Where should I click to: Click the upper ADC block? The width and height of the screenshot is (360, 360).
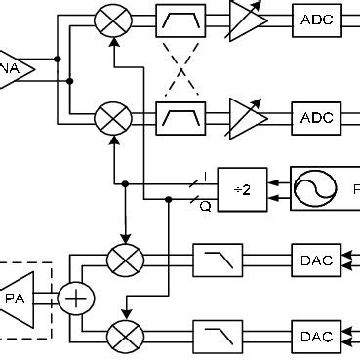(317, 19)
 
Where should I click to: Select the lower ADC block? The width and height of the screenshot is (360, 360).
(317, 118)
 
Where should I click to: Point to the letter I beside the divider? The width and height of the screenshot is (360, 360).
(206, 176)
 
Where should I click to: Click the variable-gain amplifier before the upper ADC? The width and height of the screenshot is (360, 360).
(246, 19)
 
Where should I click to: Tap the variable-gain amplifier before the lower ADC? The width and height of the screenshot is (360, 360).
(246, 118)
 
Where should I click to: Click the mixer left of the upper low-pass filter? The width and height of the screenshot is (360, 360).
(125, 260)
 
